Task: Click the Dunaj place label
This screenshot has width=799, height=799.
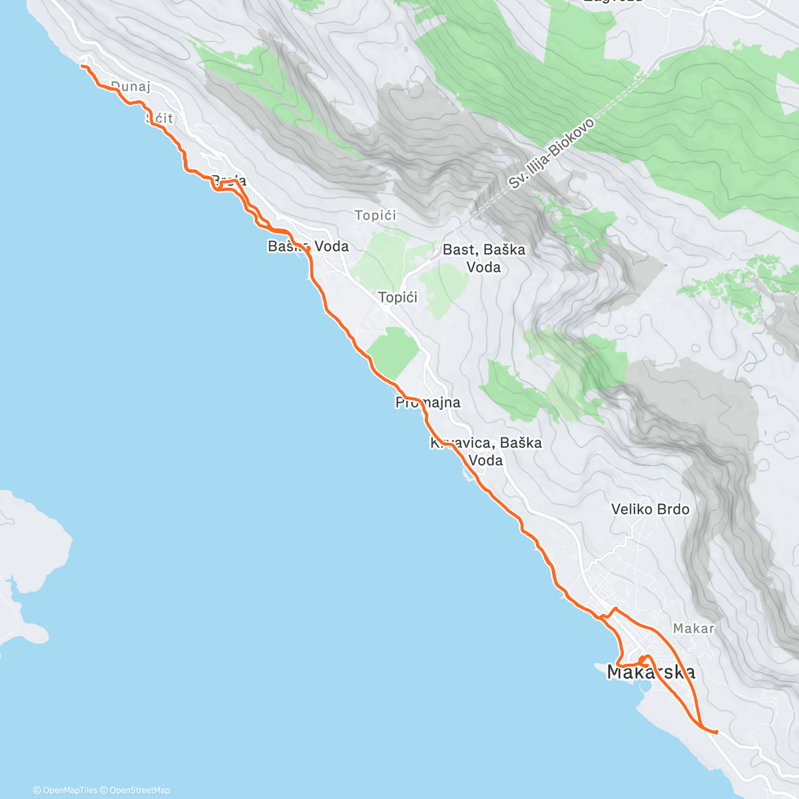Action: pos(131,86)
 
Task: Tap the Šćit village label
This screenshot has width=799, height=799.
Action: pos(160,118)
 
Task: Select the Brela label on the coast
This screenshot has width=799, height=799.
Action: pos(228,180)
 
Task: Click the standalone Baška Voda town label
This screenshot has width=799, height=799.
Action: pos(308,246)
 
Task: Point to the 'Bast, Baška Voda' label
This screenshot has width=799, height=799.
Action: pos(484,258)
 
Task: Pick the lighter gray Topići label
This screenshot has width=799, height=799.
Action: pos(376,215)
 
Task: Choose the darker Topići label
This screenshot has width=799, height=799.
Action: pos(398,297)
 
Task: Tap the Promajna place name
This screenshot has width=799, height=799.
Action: pos(427,402)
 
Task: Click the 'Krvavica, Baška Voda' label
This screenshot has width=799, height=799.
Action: pos(486,451)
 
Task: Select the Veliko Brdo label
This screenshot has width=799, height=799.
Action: pos(650,509)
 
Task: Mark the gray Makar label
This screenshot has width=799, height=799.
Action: pos(693,628)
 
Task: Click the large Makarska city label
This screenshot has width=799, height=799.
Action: pos(651,672)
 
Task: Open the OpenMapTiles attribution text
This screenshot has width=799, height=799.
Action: pos(65,790)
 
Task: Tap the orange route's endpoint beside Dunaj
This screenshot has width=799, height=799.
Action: pos(82,66)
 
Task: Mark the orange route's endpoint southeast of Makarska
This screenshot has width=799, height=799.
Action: pos(716,732)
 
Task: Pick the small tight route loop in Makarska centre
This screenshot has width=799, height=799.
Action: pos(644,661)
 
